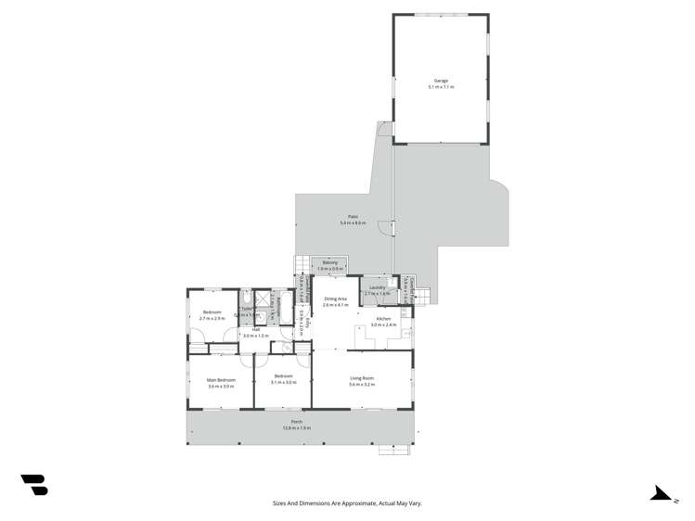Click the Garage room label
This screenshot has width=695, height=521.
[x=442, y=81]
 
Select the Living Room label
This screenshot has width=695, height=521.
[x=362, y=377]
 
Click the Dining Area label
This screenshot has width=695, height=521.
[x=335, y=299]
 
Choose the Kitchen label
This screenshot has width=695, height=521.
[x=383, y=320]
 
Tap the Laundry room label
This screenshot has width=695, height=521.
[x=377, y=287]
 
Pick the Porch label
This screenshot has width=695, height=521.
[x=297, y=422]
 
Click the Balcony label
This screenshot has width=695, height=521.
[x=330, y=263]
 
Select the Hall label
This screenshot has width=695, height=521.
[x=255, y=329]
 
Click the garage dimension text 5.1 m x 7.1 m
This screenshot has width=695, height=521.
[x=442, y=86]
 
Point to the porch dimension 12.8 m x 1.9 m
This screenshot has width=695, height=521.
[x=297, y=427]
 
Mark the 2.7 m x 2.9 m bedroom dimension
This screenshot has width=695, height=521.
[x=212, y=318]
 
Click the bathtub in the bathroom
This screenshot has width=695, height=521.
[x=287, y=306]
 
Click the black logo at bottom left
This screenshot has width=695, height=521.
[x=34, y=484]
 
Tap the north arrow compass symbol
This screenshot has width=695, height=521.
[x=661, y=493]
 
